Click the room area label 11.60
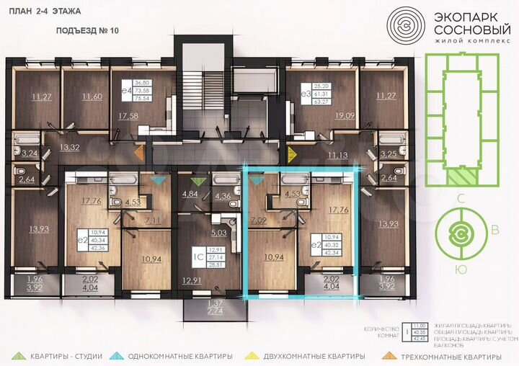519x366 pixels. click(92, 97)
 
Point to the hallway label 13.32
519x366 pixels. click(70, 148)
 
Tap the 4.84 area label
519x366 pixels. click(190, 195)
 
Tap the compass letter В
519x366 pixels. click(494, 231)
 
